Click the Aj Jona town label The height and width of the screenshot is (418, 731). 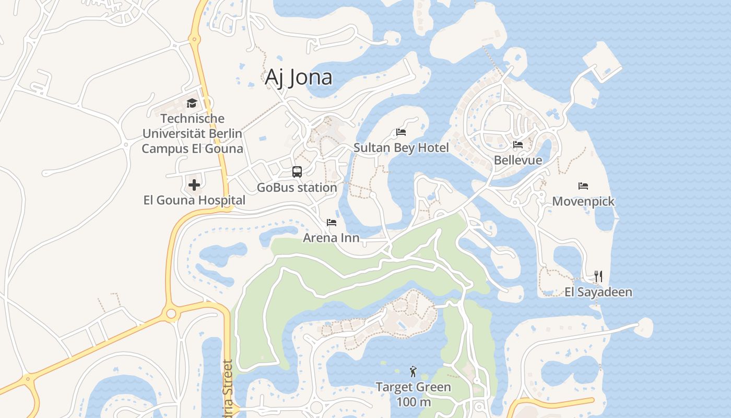pyautogui.click(x=298, y=77)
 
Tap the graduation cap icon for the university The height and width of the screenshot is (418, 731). pyautogui.click(x=192, y=103)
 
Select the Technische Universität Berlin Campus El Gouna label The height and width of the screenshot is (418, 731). pyautogui.click(x=192, y=134)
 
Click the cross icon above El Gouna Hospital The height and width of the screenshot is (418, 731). pyautogui.click(x=194, y=185)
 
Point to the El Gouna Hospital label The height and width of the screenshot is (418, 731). pyautogui.click(x=194, y=200)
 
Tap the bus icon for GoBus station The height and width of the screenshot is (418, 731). pyautogui.click(x=297, y=172)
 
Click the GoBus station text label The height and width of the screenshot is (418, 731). pyautogui.click(x=297, y=187)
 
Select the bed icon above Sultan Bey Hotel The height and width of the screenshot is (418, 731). pyautogui.click(x=401, y=132)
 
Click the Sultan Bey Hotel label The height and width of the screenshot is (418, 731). pyautogui.click(x=401, y=148)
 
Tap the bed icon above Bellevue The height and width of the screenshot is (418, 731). pyautogui.click(x=518, y=145)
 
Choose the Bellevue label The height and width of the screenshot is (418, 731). pyautogui.click(x=518, y=160)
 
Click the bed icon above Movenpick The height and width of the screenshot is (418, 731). pyautogui.click(x=583, y=186)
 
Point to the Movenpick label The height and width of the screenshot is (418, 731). pyautogui.click(x=583, y=201)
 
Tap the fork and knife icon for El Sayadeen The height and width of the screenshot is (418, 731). pyautogui.click(x=598, y=276)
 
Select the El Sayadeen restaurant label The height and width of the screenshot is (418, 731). pyautogui.click(x=598, y=292)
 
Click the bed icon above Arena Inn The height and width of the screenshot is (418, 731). pyautogui.click(x=332, y=223)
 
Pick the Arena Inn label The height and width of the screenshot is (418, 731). pyautogui.click(x=332, y=238)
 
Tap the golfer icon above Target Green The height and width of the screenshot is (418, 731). pyautogui.click(x=413, y=371)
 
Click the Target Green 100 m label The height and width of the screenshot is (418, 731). pyautogui.click(x=413, y=394)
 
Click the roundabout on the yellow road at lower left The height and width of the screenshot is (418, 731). pyautogui.click(x=171, y=313)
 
